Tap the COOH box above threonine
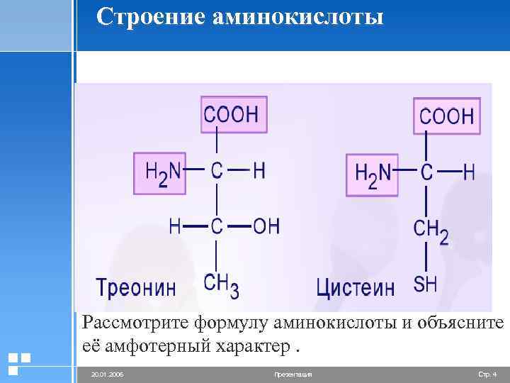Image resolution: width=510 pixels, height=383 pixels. pos(234,113)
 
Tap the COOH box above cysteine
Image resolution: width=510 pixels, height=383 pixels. pos(447,116)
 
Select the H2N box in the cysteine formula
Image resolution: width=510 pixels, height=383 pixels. pos(373,174)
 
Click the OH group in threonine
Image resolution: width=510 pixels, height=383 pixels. pos(266,226)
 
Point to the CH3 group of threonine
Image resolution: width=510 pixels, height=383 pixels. pos(221,284)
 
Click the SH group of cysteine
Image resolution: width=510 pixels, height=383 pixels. pos(425,284)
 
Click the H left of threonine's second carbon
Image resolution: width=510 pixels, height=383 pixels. pos(174,226)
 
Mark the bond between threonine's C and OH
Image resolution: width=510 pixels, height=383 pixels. pos(239,226)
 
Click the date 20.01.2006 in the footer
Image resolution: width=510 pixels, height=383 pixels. pos(106,373)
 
